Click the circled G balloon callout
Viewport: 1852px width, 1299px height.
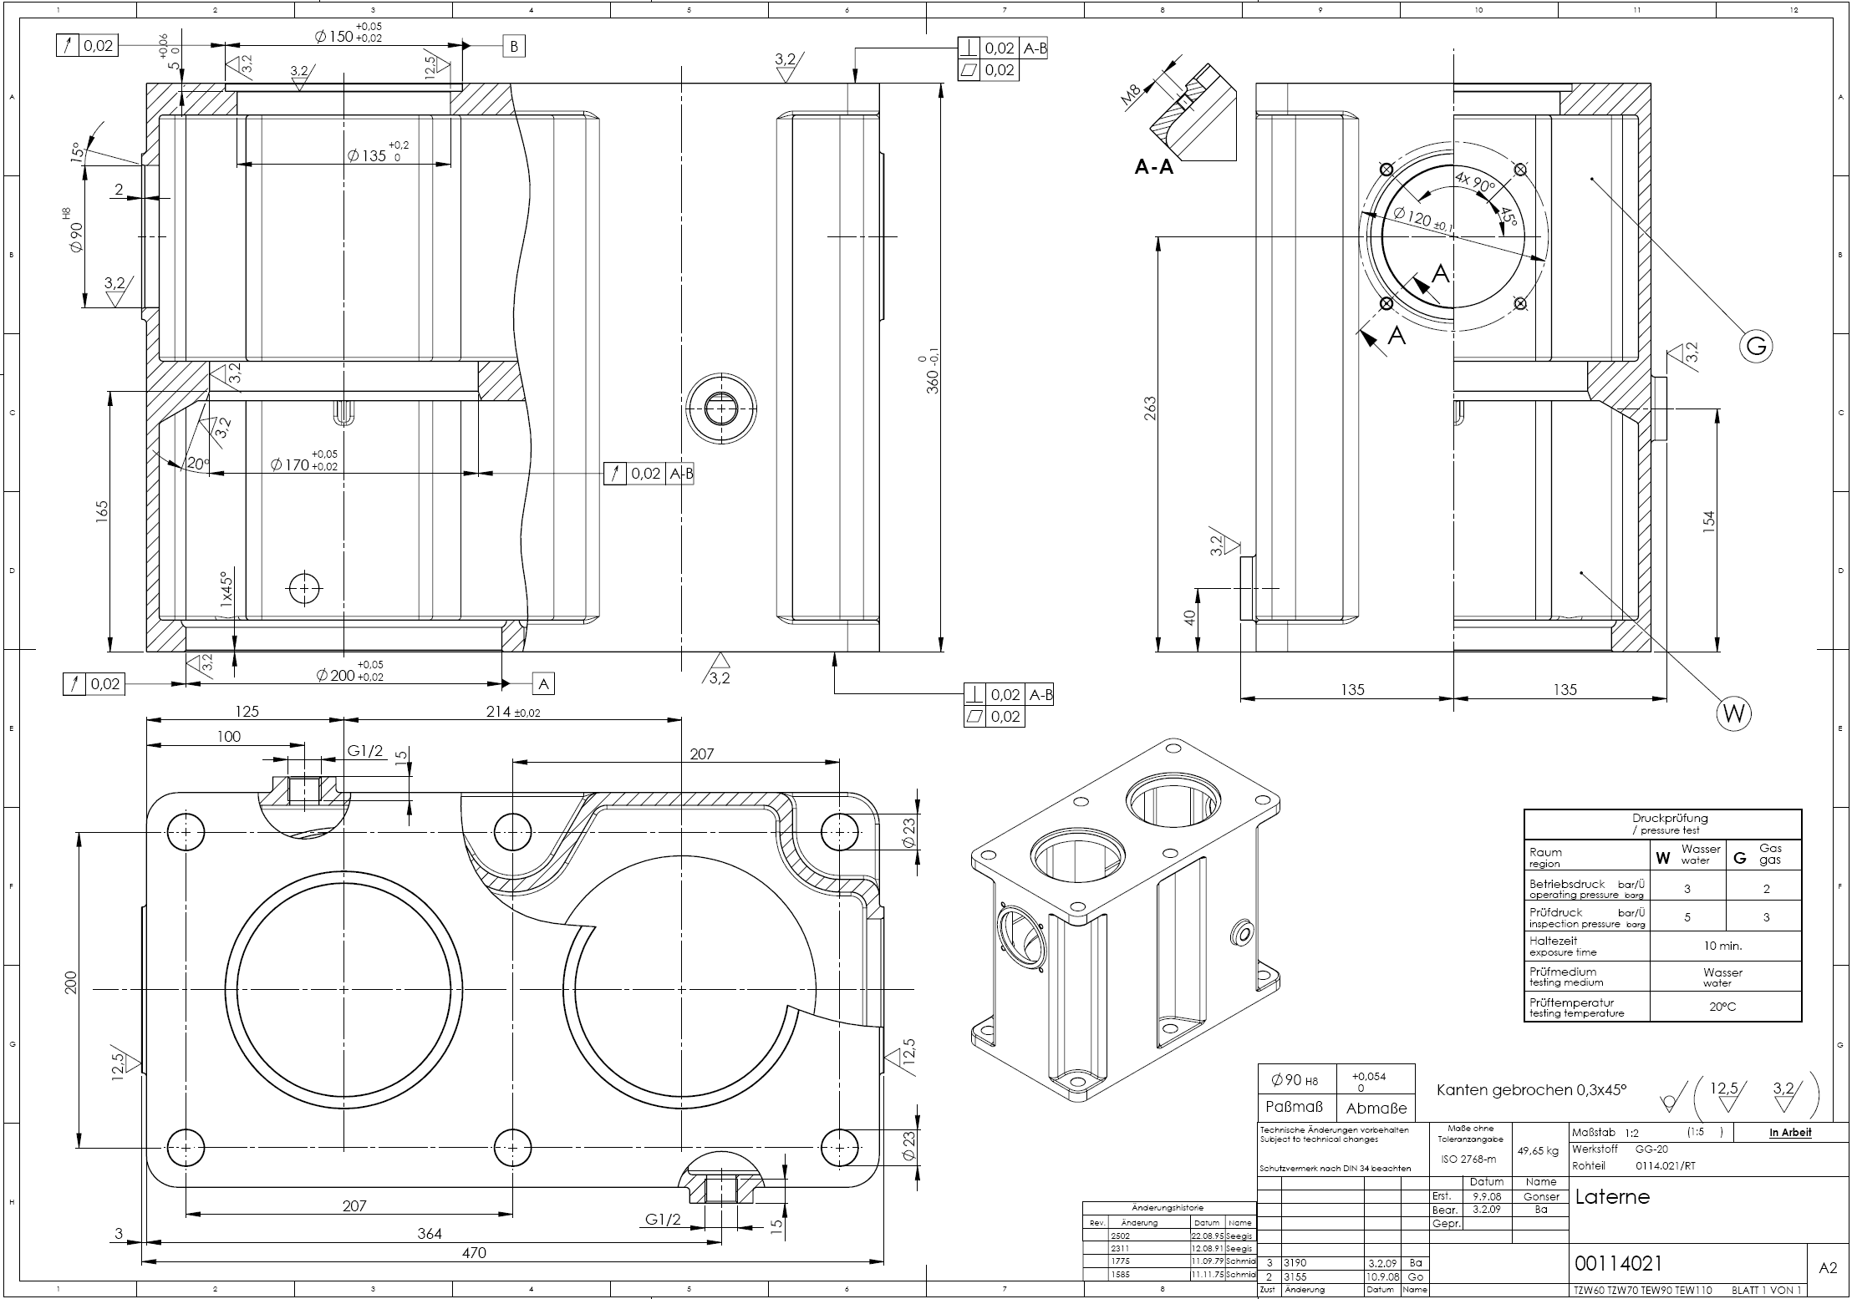1756,345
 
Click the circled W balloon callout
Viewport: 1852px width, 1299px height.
1733,713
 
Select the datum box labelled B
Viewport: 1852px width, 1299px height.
514,46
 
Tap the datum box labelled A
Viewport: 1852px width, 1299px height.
544,684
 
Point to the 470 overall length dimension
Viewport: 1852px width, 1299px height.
473,1252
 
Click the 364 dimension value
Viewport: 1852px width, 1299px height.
429,1233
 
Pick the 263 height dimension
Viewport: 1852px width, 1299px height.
1150,408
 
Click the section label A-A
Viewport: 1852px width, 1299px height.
1153,167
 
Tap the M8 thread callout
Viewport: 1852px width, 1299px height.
1131,98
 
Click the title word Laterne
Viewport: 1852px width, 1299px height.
1612,1196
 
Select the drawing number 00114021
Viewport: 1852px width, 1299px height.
1619,1262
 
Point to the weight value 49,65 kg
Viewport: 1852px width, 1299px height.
1538,1150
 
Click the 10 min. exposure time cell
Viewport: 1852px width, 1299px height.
1723,946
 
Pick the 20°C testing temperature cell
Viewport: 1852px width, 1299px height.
1723,1007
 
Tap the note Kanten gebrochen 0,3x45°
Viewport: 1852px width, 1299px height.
1531,1089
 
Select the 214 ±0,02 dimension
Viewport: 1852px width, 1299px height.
512,712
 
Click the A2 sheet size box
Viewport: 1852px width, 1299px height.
1828,1267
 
